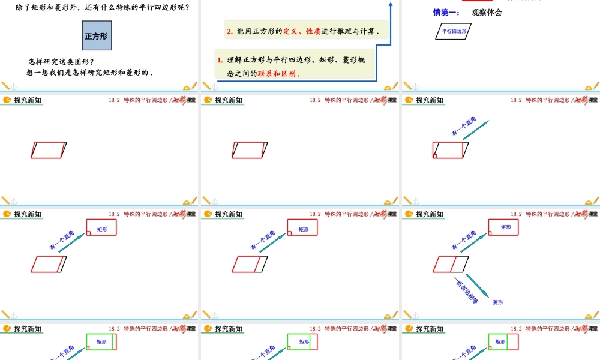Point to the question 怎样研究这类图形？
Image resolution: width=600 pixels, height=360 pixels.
coord(61,61)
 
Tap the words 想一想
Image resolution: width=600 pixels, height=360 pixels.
coord(39,73)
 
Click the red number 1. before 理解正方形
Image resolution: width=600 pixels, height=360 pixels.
coord(220,59)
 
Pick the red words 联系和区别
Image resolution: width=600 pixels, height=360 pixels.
coord(277,74)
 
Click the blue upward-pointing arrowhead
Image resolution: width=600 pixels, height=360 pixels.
coord(391,5)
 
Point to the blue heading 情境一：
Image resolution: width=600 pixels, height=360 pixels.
coord(446,13)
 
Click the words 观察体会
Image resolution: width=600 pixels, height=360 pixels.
coord(487,13)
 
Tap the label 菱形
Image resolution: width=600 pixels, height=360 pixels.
coord(498,302)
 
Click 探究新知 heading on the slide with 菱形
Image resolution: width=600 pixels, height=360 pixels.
coord(430,214)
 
